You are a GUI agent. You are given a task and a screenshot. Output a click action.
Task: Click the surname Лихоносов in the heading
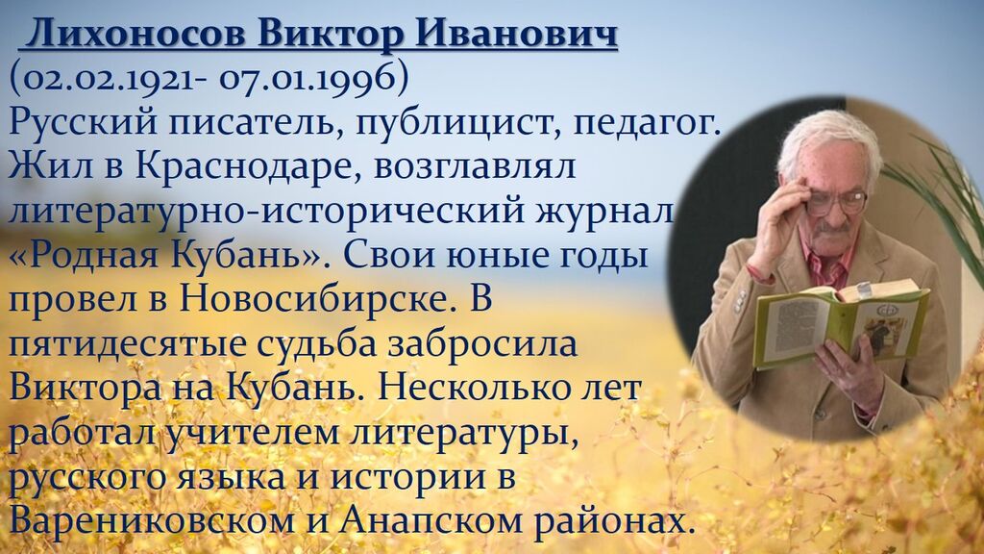click(136, 34)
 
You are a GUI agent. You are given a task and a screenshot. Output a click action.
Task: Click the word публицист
click(455, 122)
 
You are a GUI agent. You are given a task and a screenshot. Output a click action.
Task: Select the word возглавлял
click(475, 167)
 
